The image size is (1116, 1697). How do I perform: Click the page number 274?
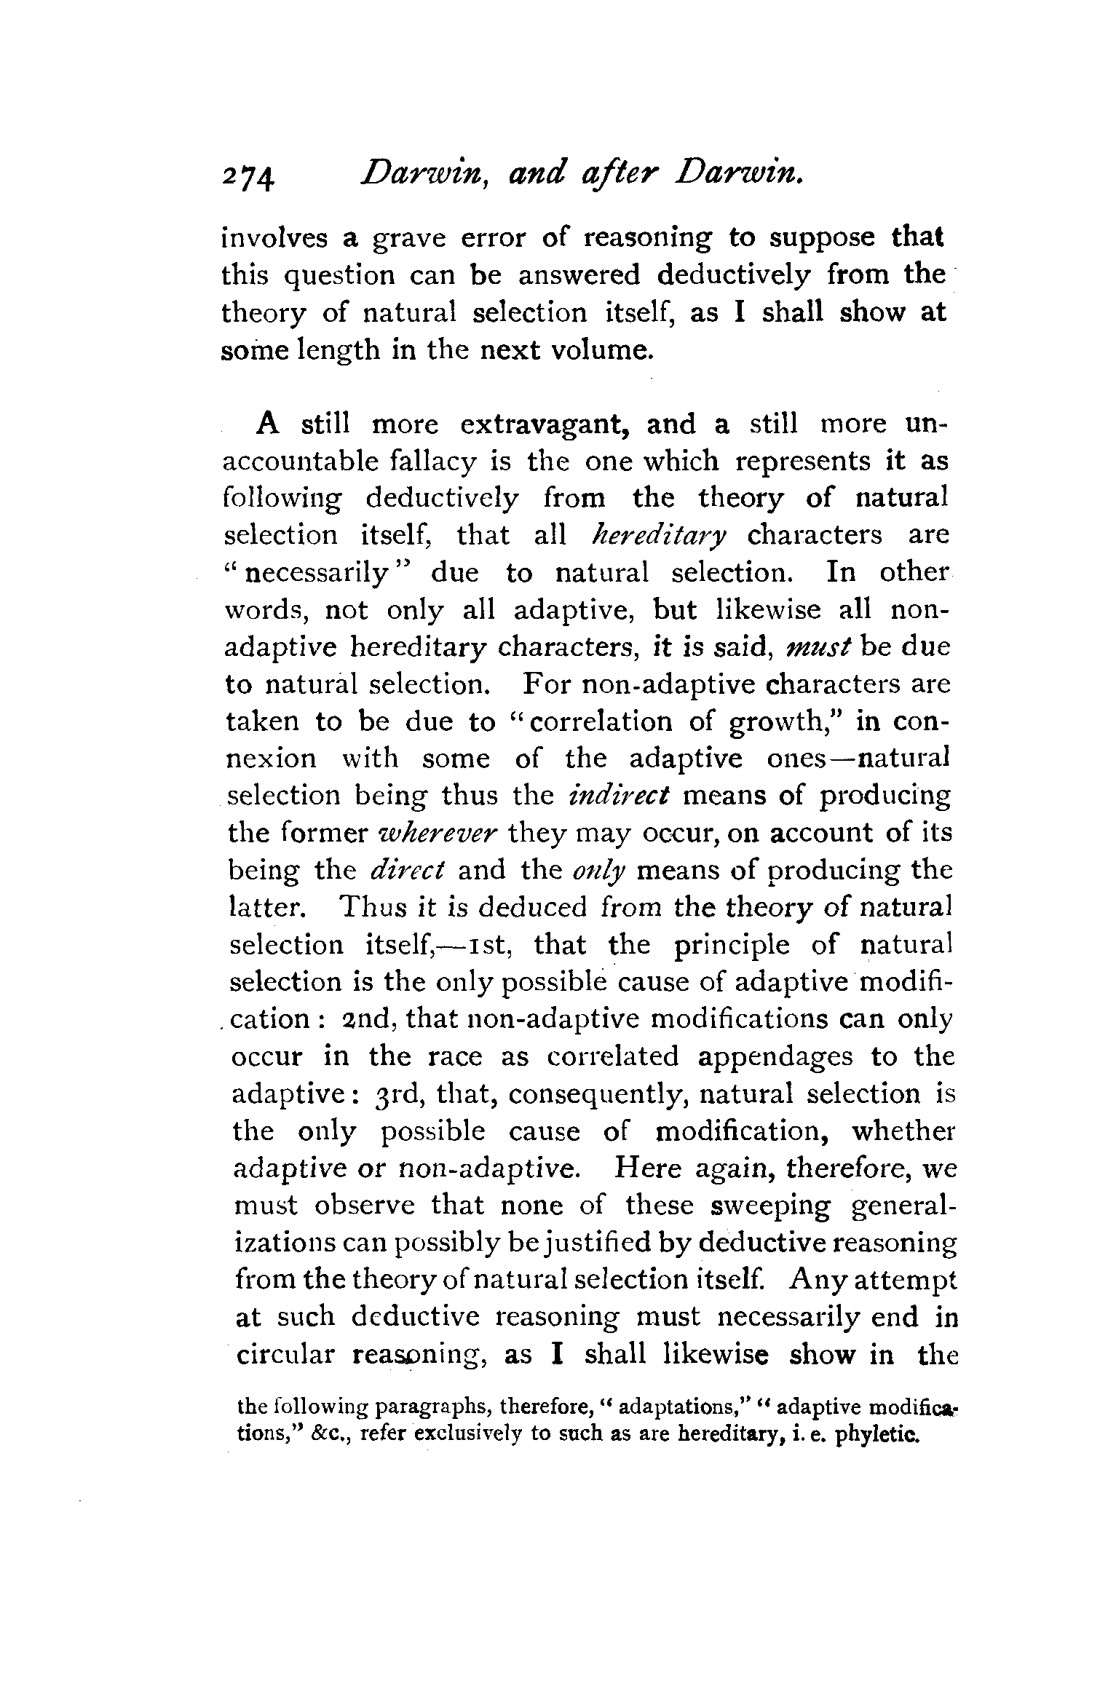click(249, 176)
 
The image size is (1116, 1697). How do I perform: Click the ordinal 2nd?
click(370, 1019)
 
